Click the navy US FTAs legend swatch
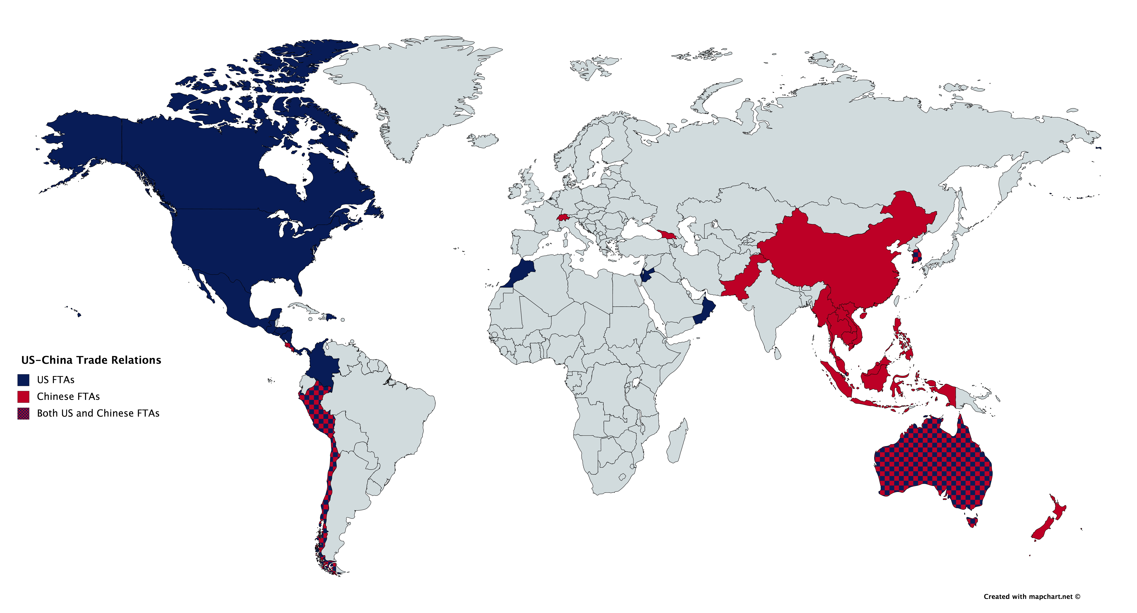click(23, 380)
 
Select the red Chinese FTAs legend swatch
click(23, 397)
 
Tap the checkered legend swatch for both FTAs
click(23, 413)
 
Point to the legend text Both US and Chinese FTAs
click(98, 413)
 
